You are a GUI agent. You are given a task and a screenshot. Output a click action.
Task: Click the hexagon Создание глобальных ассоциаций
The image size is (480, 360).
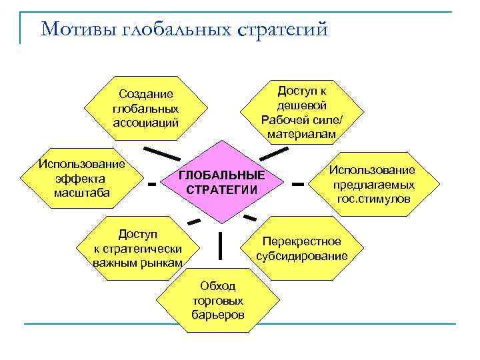tap(146, 108)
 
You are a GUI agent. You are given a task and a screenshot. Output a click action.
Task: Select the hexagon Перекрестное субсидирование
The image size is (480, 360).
tap(301, 249)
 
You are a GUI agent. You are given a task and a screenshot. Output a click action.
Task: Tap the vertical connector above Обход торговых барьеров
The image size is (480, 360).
tap(220, 245)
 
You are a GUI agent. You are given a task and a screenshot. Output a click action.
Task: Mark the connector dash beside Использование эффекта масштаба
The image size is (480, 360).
tap(153, 182)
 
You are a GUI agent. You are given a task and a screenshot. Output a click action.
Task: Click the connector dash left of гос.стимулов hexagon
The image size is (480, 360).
tap(298, 182)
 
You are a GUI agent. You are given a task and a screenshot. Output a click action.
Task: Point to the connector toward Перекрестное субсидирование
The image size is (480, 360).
tap(250, 217)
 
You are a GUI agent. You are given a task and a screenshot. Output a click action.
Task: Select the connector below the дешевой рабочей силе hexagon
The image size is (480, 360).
tap(272, 153)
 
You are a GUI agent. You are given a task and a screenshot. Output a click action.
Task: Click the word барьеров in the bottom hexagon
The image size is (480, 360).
tap(218, 314)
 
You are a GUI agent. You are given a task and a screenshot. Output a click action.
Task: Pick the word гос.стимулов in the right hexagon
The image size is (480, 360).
tap(374, 199)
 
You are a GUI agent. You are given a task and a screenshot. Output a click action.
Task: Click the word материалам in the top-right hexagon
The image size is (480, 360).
tap(302, 134)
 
